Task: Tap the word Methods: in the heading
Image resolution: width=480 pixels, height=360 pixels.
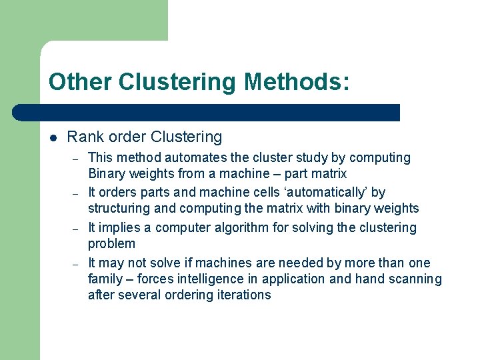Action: [296, 82]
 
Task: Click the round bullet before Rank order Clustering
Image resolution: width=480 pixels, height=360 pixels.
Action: [53, 138]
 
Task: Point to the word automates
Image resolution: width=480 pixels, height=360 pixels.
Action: [195, 158]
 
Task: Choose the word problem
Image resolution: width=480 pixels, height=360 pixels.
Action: [111, 244]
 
